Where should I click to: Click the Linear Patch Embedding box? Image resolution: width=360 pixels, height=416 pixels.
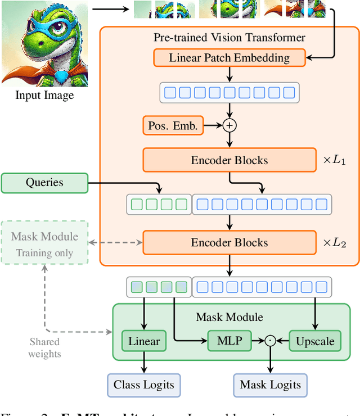tap(229, 57)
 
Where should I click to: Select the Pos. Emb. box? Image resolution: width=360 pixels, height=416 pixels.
tap(173, 126)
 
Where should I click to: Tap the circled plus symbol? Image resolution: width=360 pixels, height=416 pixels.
tap(229, 126)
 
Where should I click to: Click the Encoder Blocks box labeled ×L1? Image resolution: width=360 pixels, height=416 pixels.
tap(229, 160)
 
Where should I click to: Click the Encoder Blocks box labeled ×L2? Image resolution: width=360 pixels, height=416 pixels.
tap(229, 243)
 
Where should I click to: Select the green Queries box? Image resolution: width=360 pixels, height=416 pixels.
tap(44, 183)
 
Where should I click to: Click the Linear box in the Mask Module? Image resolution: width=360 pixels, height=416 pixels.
tap(144, 341)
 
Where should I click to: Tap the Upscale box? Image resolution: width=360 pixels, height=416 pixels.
tap(315, 341)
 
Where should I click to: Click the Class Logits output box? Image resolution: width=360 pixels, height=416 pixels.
tap(144, 385)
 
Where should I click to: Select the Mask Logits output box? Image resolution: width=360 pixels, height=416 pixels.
tap(271, 385)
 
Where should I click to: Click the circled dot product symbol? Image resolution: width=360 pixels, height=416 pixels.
tap(271, 341)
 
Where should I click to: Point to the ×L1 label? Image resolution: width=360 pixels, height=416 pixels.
tap(335, 160)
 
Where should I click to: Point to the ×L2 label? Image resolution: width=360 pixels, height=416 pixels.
tap(335, 243)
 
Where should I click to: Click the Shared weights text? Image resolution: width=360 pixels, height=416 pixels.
tap(44, 347)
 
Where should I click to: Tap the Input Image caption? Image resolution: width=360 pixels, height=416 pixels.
tap(44, 95)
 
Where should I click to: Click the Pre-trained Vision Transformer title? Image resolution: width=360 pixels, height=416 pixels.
tap(229, 38)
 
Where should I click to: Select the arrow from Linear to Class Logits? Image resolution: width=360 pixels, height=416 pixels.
tap(144, 363)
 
